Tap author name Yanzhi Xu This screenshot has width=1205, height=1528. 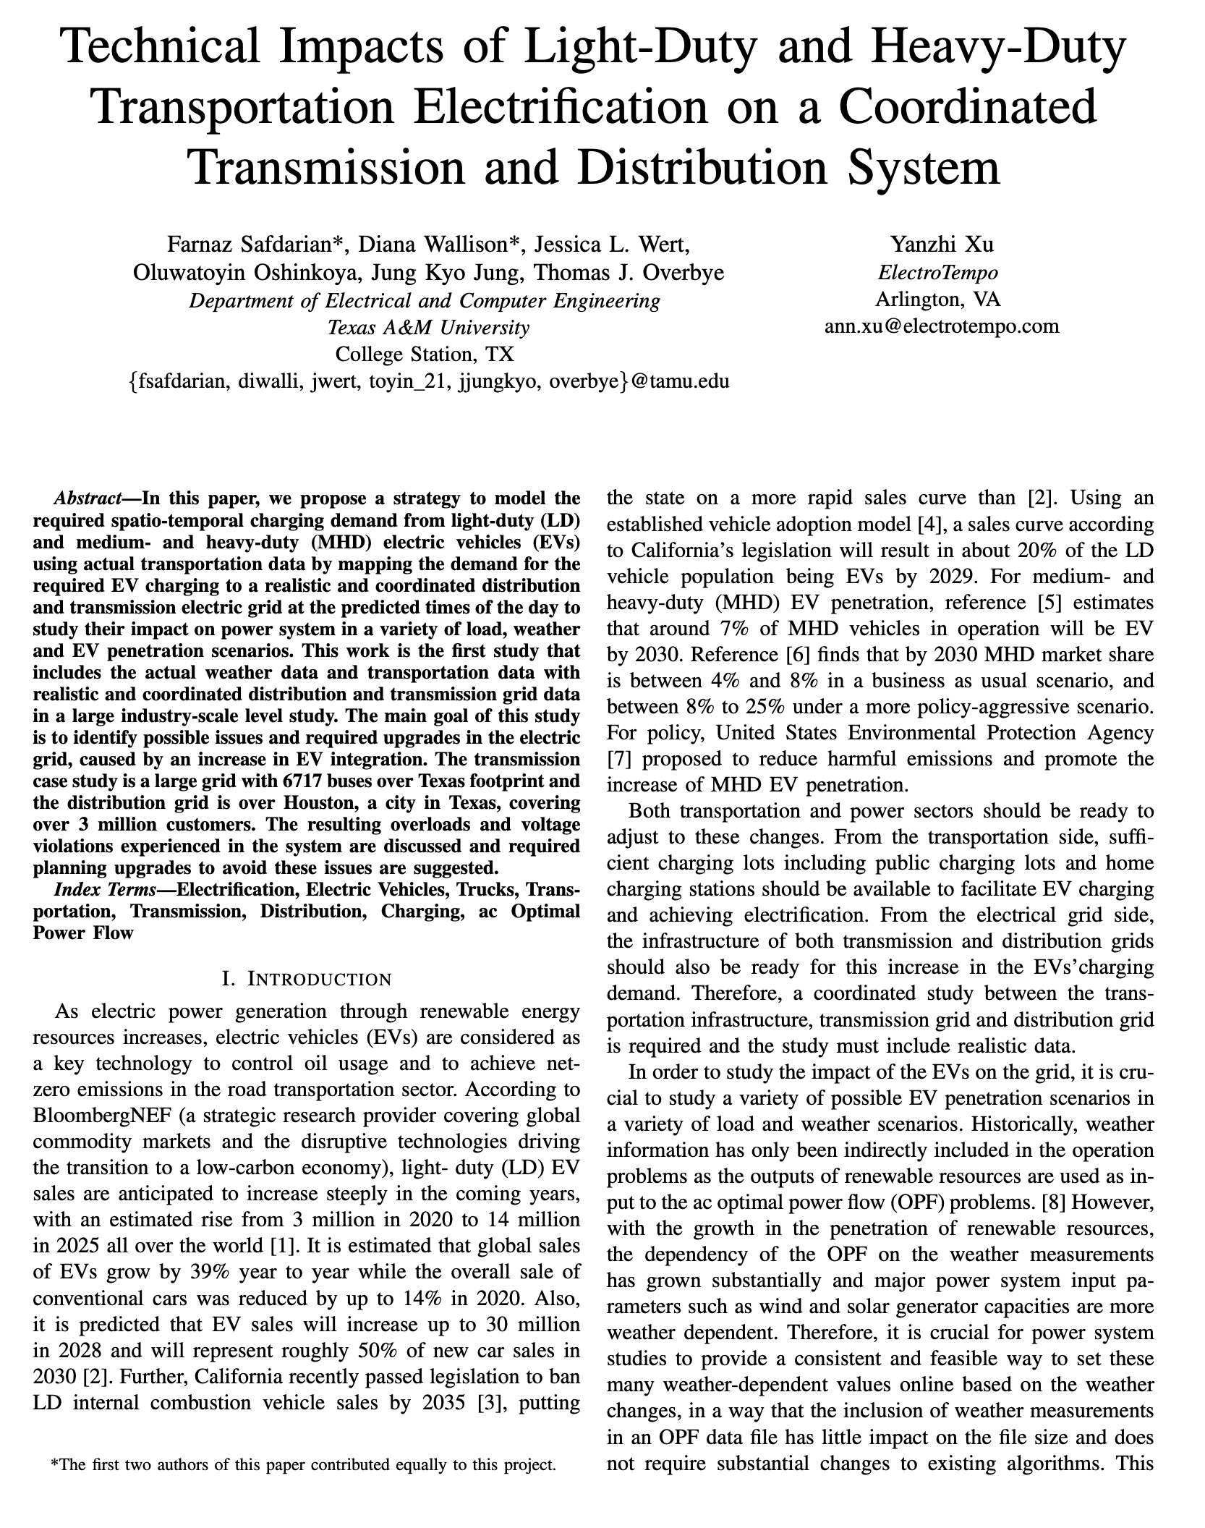pyautogui.click(x=942, y=245)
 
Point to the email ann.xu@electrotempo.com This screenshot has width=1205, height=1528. pyautogui.click(x=942, y=326)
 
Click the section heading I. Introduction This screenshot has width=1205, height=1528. pyautogui.click(x=307, y=979)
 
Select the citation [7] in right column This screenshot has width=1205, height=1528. pyautogui.click(x=619, y=759)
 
